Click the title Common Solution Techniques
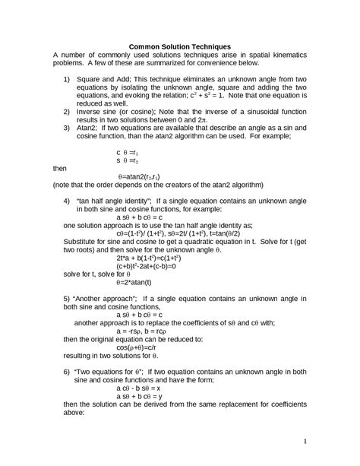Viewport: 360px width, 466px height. [x=180, y=46]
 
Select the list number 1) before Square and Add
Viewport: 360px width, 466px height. [x=67, y=80]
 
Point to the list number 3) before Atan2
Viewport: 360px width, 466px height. [x=67, y=128]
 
